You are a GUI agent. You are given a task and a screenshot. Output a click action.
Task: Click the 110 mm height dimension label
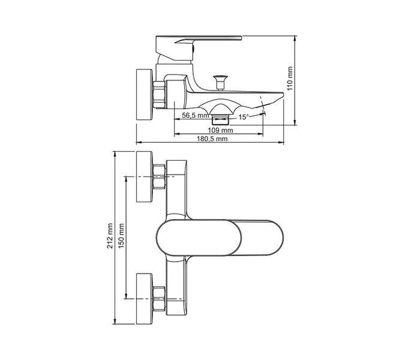click(x=290, y=79)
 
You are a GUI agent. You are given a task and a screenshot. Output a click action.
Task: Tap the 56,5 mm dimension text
click(x=195, y=115)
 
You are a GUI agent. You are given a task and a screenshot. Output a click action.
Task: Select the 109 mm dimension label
click(x=220, y=130)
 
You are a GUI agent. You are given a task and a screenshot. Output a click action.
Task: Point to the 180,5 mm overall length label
click(x=212, y=139)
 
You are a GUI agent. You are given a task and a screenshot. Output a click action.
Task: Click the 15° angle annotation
click(x=244, y=117)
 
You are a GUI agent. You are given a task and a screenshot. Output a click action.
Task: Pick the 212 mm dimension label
click(x=110, y=236)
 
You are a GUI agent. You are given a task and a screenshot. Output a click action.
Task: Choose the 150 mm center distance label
click(x=121, y=236)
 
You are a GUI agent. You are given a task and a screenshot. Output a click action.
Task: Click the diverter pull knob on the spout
click(x=220, y=82)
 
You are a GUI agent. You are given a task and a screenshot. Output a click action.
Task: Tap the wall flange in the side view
click(x=145, y=94)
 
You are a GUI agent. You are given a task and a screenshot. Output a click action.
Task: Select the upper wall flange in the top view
click(x=145, y=176)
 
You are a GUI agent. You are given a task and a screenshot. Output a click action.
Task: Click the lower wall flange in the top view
click(x=145, y=299)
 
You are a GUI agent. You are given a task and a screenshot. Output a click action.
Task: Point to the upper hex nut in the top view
click(x=159, y=176)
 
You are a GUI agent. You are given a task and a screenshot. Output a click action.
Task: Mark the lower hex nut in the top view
click(x=159, y=299)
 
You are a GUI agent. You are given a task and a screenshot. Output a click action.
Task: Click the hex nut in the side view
click(x=159, y=94)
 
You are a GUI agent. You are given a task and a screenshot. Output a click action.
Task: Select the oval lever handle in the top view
click(x=220, y=238)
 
